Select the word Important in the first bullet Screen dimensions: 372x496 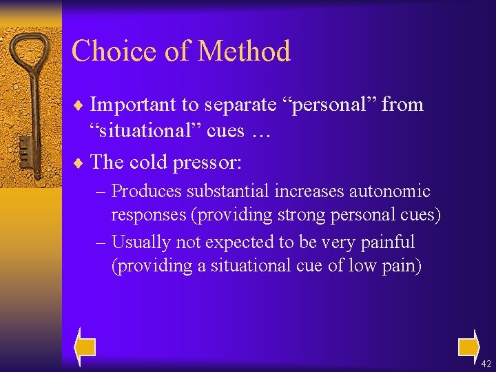[134, 105]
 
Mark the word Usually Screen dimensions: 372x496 [141, 242]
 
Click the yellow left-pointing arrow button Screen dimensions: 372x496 [85, 345]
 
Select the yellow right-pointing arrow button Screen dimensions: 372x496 [468, 345]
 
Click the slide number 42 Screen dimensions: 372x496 [486, 364]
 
